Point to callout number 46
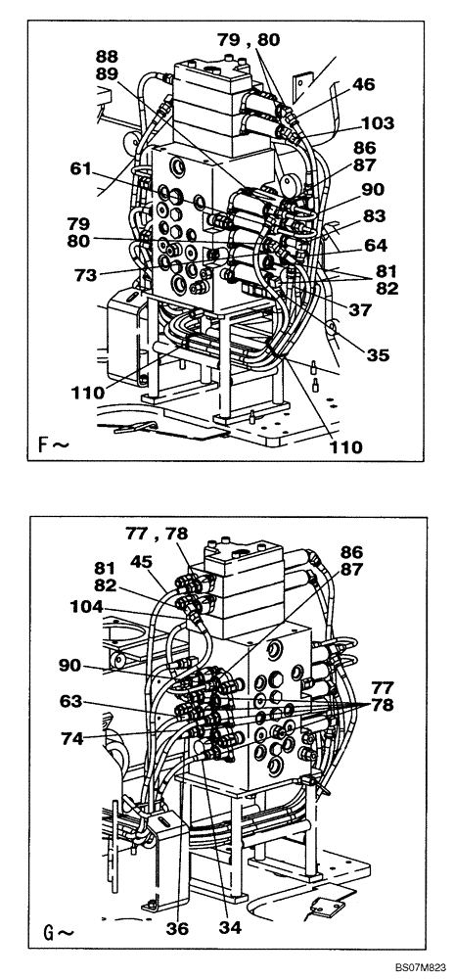click(364, 85)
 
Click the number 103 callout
click(377, 123)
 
